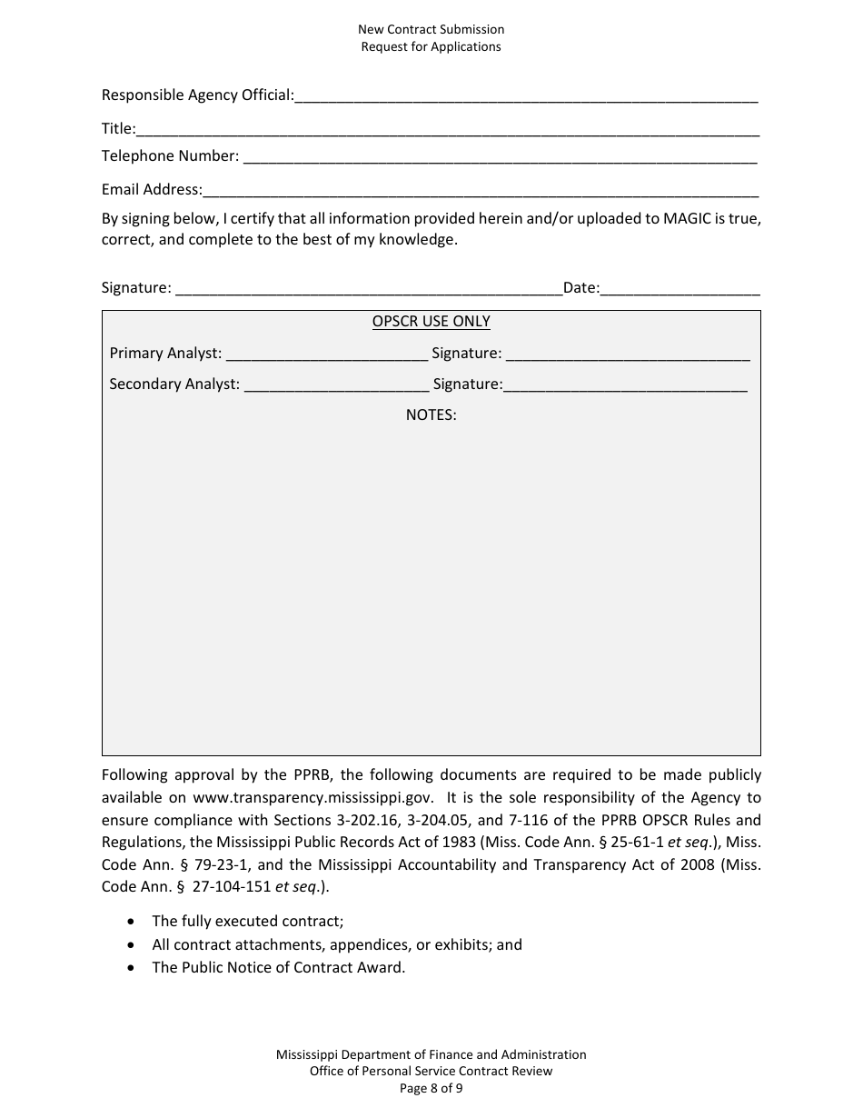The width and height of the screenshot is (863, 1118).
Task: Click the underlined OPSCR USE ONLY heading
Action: point(431,322)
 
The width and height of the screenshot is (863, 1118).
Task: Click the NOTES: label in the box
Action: point(431,414)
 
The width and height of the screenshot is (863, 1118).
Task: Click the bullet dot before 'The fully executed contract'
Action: point(133,922)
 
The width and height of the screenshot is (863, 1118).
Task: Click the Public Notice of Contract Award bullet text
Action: point(278,967)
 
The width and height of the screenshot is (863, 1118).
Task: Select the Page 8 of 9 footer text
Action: point(431,1087)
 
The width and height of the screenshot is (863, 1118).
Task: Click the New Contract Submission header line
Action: point(431,30)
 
